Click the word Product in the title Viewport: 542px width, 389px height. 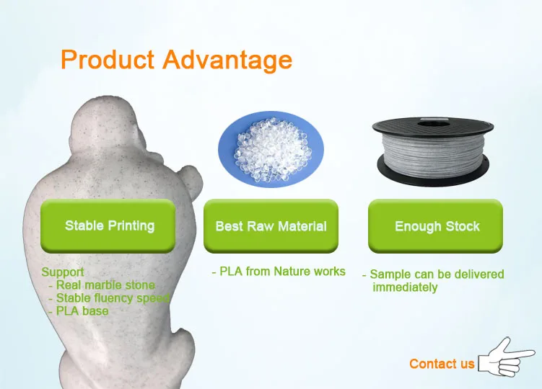(107, 59)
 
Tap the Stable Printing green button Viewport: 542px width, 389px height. (108, 225)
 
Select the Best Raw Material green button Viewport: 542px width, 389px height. (271, 226)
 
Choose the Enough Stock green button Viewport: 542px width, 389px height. (435, 226)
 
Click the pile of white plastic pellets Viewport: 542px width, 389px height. (271, 149)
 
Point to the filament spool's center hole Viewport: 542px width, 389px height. (434, 124)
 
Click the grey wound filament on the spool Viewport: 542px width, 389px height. (432, 152)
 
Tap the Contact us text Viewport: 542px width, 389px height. (442, 364)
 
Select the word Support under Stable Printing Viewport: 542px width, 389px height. (63, 272)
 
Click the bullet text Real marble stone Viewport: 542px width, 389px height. (105, 285)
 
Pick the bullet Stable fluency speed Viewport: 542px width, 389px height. (113, 298)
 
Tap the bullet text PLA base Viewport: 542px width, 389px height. (82, 311)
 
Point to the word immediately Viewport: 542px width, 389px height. (405, 287)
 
